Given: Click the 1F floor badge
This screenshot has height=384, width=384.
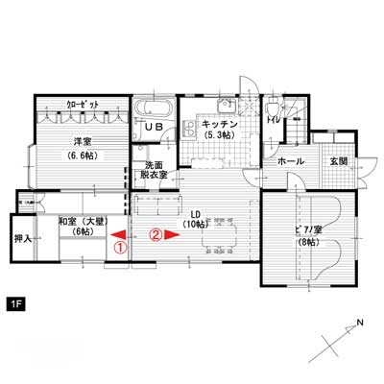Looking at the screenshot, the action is click(x=15, y=304).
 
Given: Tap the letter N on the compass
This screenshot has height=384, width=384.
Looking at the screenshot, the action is click(x=360, y=323).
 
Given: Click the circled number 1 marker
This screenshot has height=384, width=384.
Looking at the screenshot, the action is click(x=120, y=248).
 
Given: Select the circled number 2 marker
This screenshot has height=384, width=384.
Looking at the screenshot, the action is click(x=156, y=235).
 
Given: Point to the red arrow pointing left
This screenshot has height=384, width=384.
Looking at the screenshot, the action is click(x=118, y=235).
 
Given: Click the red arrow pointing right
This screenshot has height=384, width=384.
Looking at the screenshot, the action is click(x=172, y=235).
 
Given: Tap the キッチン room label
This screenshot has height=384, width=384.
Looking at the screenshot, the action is click(x=220, y=124).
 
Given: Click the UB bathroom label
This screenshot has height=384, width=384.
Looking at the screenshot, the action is click(x=155, y=127).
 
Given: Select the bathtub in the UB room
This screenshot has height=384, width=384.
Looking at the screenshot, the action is click(x=154, y=108).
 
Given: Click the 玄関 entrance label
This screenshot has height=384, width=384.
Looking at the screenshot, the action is click(x=339, y=161).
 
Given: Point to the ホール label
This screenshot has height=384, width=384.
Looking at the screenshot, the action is click(x=291, y=161).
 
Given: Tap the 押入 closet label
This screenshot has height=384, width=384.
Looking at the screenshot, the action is click(x=23, y=238).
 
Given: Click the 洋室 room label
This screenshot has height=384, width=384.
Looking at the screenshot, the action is click(x=83, y=141).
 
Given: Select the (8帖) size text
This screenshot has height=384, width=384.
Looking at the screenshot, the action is click(x=308, y=242).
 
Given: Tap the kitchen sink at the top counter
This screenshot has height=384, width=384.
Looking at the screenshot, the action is click(x=227, y=106).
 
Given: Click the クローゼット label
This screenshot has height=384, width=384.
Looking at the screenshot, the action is click(x=83, y=105).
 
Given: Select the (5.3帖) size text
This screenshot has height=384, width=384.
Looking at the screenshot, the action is click(x=220, y=135).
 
